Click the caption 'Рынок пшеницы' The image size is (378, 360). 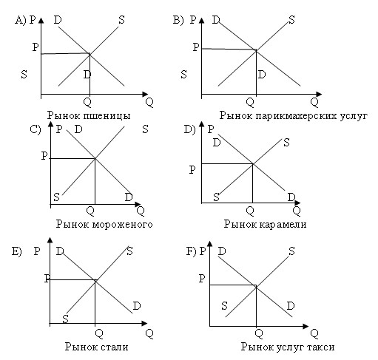[89, 115]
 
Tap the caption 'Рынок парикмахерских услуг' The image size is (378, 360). [294, 115]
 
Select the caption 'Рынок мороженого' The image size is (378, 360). [104, 225]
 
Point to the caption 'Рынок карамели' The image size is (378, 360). [265, 225]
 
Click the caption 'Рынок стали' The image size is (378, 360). [97, 347]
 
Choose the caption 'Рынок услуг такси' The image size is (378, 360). [288, 347]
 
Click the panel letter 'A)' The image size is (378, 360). [20, 20]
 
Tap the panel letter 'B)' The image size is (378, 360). [178, 20]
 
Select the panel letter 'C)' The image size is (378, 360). [36, 129]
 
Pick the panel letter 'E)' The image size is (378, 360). [17, 251]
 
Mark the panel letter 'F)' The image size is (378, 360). [191, 251]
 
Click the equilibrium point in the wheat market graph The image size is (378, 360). [90, 53]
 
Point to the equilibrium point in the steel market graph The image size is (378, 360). [95, 280]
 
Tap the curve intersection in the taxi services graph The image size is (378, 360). [256, 286]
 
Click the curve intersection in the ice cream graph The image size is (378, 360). [95, 158]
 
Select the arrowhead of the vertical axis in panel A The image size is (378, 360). [41, 20]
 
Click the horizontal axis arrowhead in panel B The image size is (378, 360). [319, 94]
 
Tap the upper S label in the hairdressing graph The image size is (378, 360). [291, 20]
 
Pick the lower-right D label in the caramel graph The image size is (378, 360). [291, 197]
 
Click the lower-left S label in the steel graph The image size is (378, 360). [65, 319]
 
